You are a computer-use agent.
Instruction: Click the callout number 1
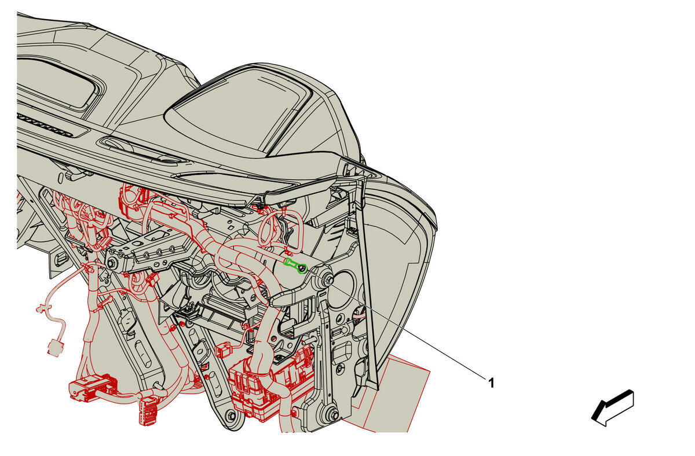pyautogui.click(x=491, y=383)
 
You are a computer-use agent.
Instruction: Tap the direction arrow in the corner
pyautogui.click(x=613, y=408)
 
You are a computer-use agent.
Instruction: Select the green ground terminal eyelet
pyautogui.click(x=297, y=266)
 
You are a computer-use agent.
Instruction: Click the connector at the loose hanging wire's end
pyautogui.click(x=55, y=348)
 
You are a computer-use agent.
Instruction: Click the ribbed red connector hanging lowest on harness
pyautogui.click(x=148, y=412)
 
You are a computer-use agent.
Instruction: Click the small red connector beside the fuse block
pyautogui.click(x=224, y=350)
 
